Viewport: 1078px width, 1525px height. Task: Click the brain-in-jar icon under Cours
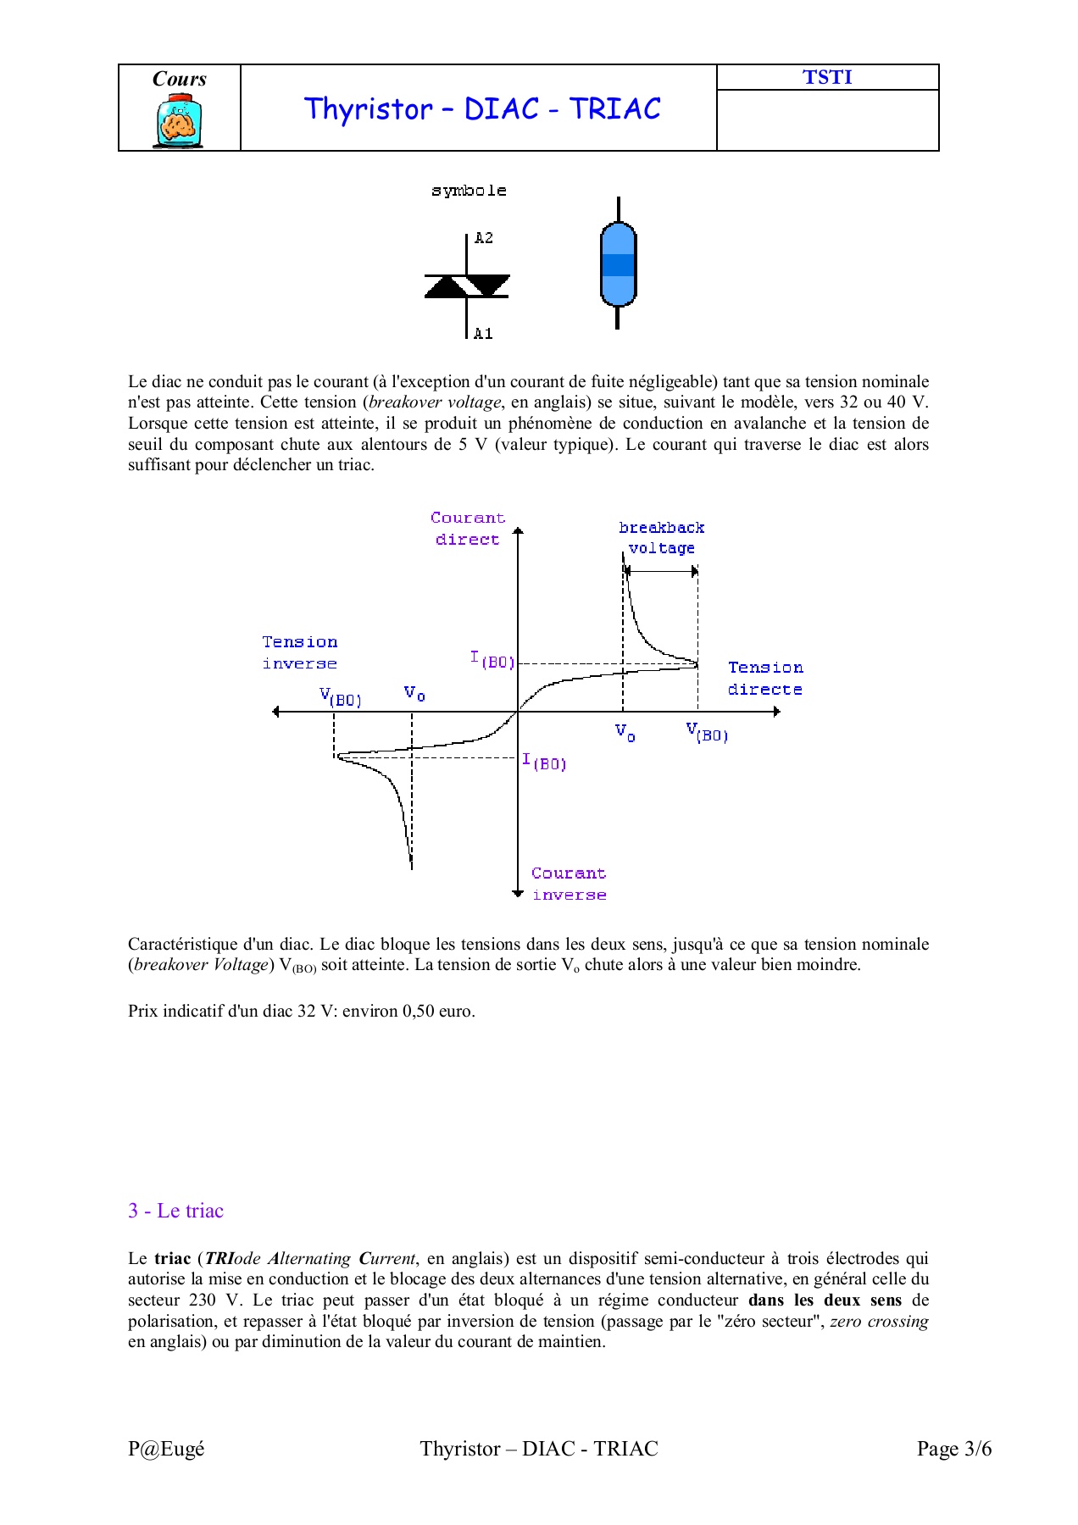[x=179, y=122]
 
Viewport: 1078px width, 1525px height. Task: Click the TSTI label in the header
[x=827, y=77]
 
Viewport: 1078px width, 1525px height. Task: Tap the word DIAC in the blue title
[x=502, y=109]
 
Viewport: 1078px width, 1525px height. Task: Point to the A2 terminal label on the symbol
[x=483, y=238]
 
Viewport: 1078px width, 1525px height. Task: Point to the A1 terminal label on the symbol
[x=483, y=334]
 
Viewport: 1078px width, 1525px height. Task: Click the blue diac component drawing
[x=618, y=264]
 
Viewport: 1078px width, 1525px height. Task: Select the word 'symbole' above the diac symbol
[x=469, y=191]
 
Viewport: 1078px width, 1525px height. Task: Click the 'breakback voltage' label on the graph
[x=661, y=538]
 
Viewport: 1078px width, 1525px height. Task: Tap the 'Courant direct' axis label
[x=467, y=529]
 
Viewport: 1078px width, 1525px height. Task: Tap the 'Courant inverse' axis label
[x=569, y=884]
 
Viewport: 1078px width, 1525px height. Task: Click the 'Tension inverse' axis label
[x=299, y=652]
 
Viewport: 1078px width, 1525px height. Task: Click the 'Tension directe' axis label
[x=765, y=679]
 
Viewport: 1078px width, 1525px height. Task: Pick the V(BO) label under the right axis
[x=707, y=732]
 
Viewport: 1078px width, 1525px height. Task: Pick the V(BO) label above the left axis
[x=341, y=697]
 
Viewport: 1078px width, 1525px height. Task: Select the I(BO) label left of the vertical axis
[x=492, y=659]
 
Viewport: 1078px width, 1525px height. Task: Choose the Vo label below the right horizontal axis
[x=625, y=733]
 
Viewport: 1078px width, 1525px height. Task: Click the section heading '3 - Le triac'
[x=175, y=1211]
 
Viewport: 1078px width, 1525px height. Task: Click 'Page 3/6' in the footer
[x=953, y=1449]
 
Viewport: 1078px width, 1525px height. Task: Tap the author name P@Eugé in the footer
[x=166, y=1449]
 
